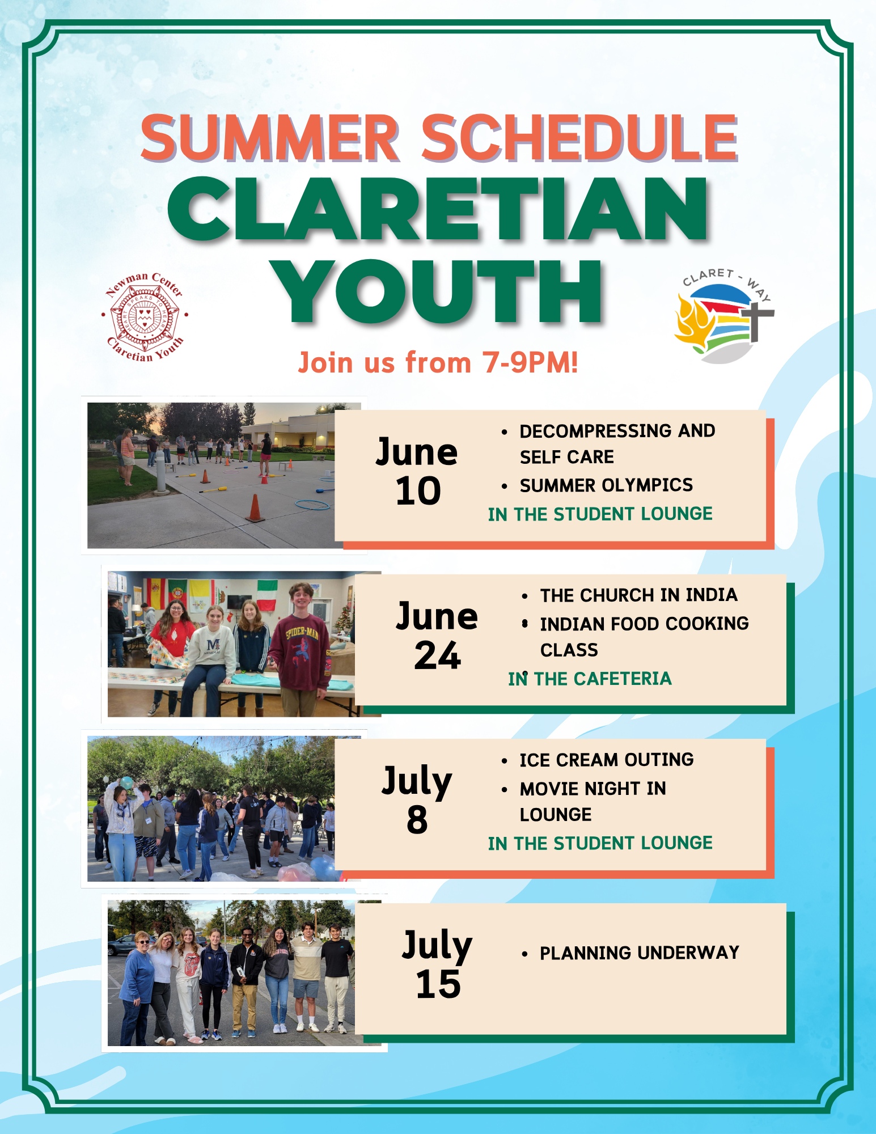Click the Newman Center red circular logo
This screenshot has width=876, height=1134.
(145, 316)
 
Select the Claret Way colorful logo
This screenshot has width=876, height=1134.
(724, 316)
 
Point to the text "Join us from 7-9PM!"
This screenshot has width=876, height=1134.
(438, 363)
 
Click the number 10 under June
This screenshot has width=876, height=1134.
(418, 491)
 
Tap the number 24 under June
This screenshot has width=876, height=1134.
(437, 656)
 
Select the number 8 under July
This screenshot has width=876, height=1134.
(417, 820)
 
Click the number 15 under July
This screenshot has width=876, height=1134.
(438, 984)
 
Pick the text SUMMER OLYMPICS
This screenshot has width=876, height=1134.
(606, 485)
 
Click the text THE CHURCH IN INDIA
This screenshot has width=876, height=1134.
(638, 595)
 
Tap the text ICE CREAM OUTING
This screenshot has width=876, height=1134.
(607, 760)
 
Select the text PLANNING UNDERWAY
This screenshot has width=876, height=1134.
(640, 953)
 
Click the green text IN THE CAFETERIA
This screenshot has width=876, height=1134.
(590, 679)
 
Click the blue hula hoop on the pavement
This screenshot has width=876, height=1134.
(312, 504)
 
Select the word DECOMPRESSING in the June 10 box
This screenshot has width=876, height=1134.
(596, 431)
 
